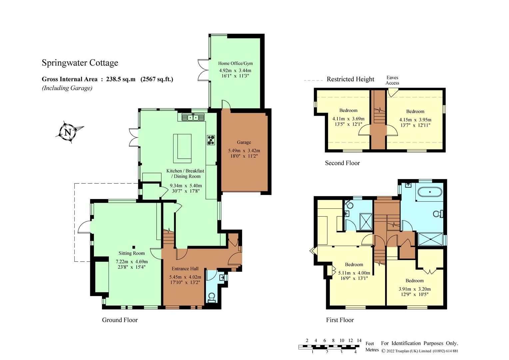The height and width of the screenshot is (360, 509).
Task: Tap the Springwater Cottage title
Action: coord(80,63)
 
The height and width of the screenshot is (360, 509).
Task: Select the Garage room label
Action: coord(244,142)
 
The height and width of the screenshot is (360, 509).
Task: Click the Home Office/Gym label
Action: coord(235,63)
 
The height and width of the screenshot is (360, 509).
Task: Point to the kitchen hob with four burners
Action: coord(211,140)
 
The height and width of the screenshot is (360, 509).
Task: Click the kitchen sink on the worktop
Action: coord(193,117)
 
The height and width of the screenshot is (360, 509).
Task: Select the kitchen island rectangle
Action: coord(182,146)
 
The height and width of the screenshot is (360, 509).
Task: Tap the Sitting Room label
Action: coord(132,253)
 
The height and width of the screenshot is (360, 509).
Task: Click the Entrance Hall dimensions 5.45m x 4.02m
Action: coord(186,277)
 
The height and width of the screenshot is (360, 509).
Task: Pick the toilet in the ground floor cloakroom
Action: coord(212,298)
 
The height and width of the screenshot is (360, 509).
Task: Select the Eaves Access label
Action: coord(392,80)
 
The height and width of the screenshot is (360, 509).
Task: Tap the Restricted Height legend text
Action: coord(350,79)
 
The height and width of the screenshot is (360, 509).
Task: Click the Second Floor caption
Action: coord(342,163)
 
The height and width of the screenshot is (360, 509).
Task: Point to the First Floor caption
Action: coord(340,320)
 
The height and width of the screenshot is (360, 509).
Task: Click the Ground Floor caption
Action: coord(120,320)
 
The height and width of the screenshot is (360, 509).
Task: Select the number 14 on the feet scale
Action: coord(359,340)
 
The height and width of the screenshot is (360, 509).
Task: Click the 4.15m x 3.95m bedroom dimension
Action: coord(415,120)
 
